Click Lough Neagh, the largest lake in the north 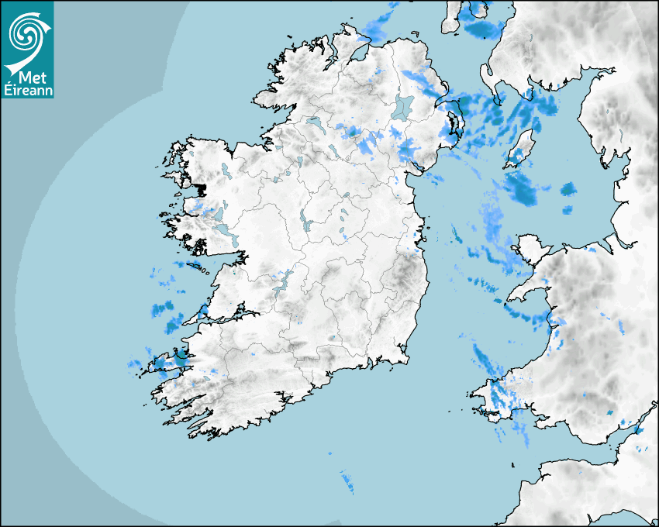click(403, 107)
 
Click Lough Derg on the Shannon click(282, 281)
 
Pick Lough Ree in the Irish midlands click(305, 223)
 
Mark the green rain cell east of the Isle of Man click(568, 188)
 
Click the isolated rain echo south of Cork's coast click(346, 482)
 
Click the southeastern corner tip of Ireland click(406, 358)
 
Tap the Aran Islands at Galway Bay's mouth click(204, 270)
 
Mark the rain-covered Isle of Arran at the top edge click(473, 14)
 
